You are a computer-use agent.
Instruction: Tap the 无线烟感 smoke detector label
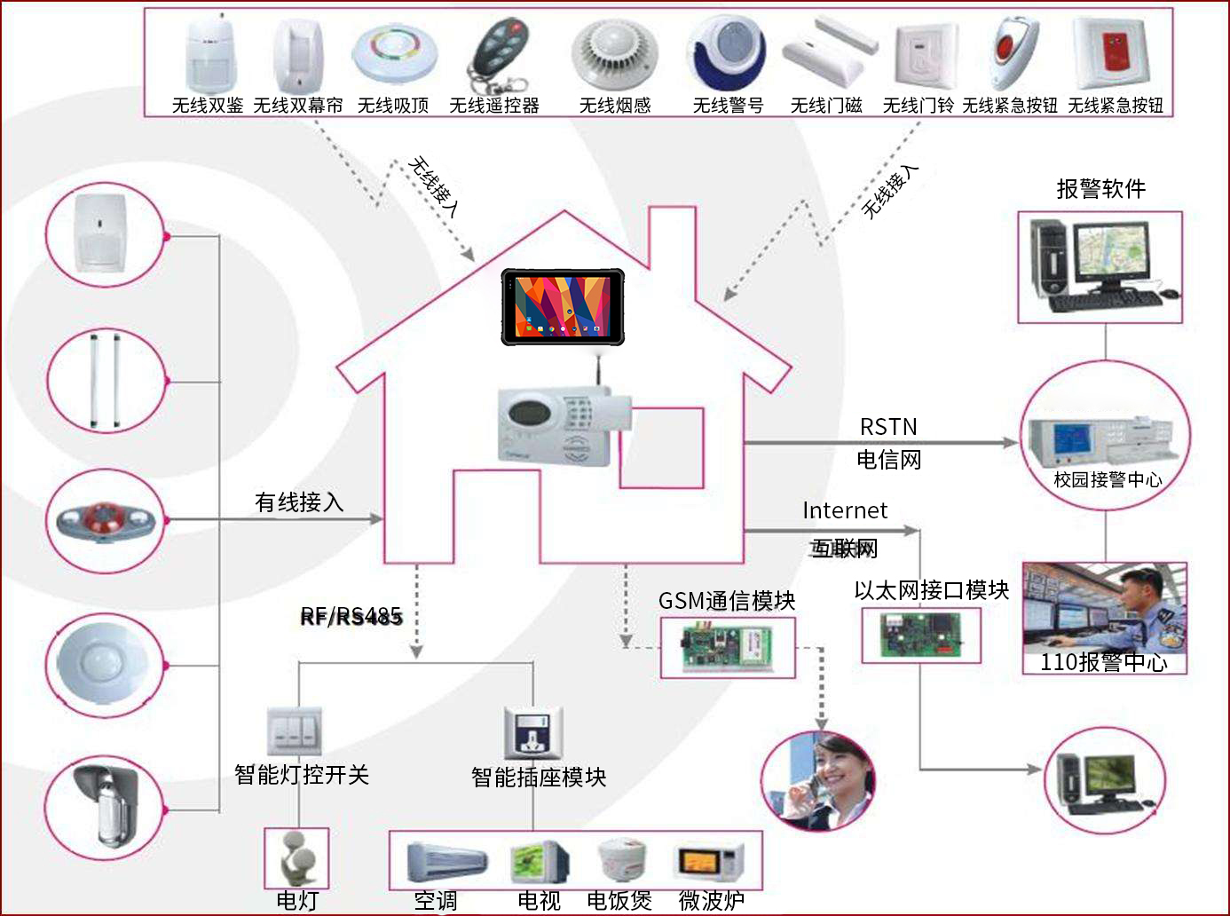615,106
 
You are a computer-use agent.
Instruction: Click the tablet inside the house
563,306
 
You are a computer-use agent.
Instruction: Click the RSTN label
888,427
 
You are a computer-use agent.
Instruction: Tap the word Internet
845,510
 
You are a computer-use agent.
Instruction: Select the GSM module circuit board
727,648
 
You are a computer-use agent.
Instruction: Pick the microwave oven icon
711,862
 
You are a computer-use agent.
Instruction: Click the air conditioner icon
446,862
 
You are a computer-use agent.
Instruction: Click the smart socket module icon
532,733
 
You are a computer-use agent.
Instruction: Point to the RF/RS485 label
351,616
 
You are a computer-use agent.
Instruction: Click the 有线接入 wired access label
299,502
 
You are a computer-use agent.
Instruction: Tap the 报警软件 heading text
1100,188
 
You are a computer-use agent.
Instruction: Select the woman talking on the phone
818,781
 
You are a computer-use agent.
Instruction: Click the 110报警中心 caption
1104,662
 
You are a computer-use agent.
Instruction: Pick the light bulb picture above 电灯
296,857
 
